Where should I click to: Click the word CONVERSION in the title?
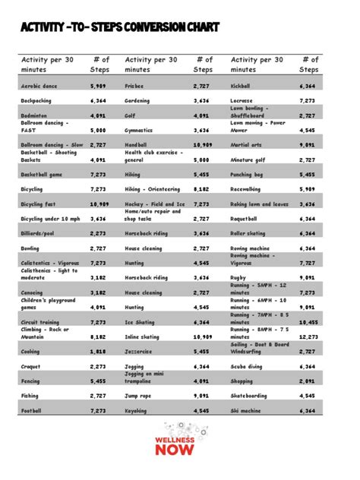(x=152, y=28)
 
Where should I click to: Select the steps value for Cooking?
(x=98, y=352)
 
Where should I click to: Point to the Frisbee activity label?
(x=136, y=87)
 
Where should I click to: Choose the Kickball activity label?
(x=242, y=87)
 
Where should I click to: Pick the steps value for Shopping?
(x=308, y=381)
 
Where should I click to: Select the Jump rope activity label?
(x=139, y=396)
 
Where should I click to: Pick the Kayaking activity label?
(x=137, y=410)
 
